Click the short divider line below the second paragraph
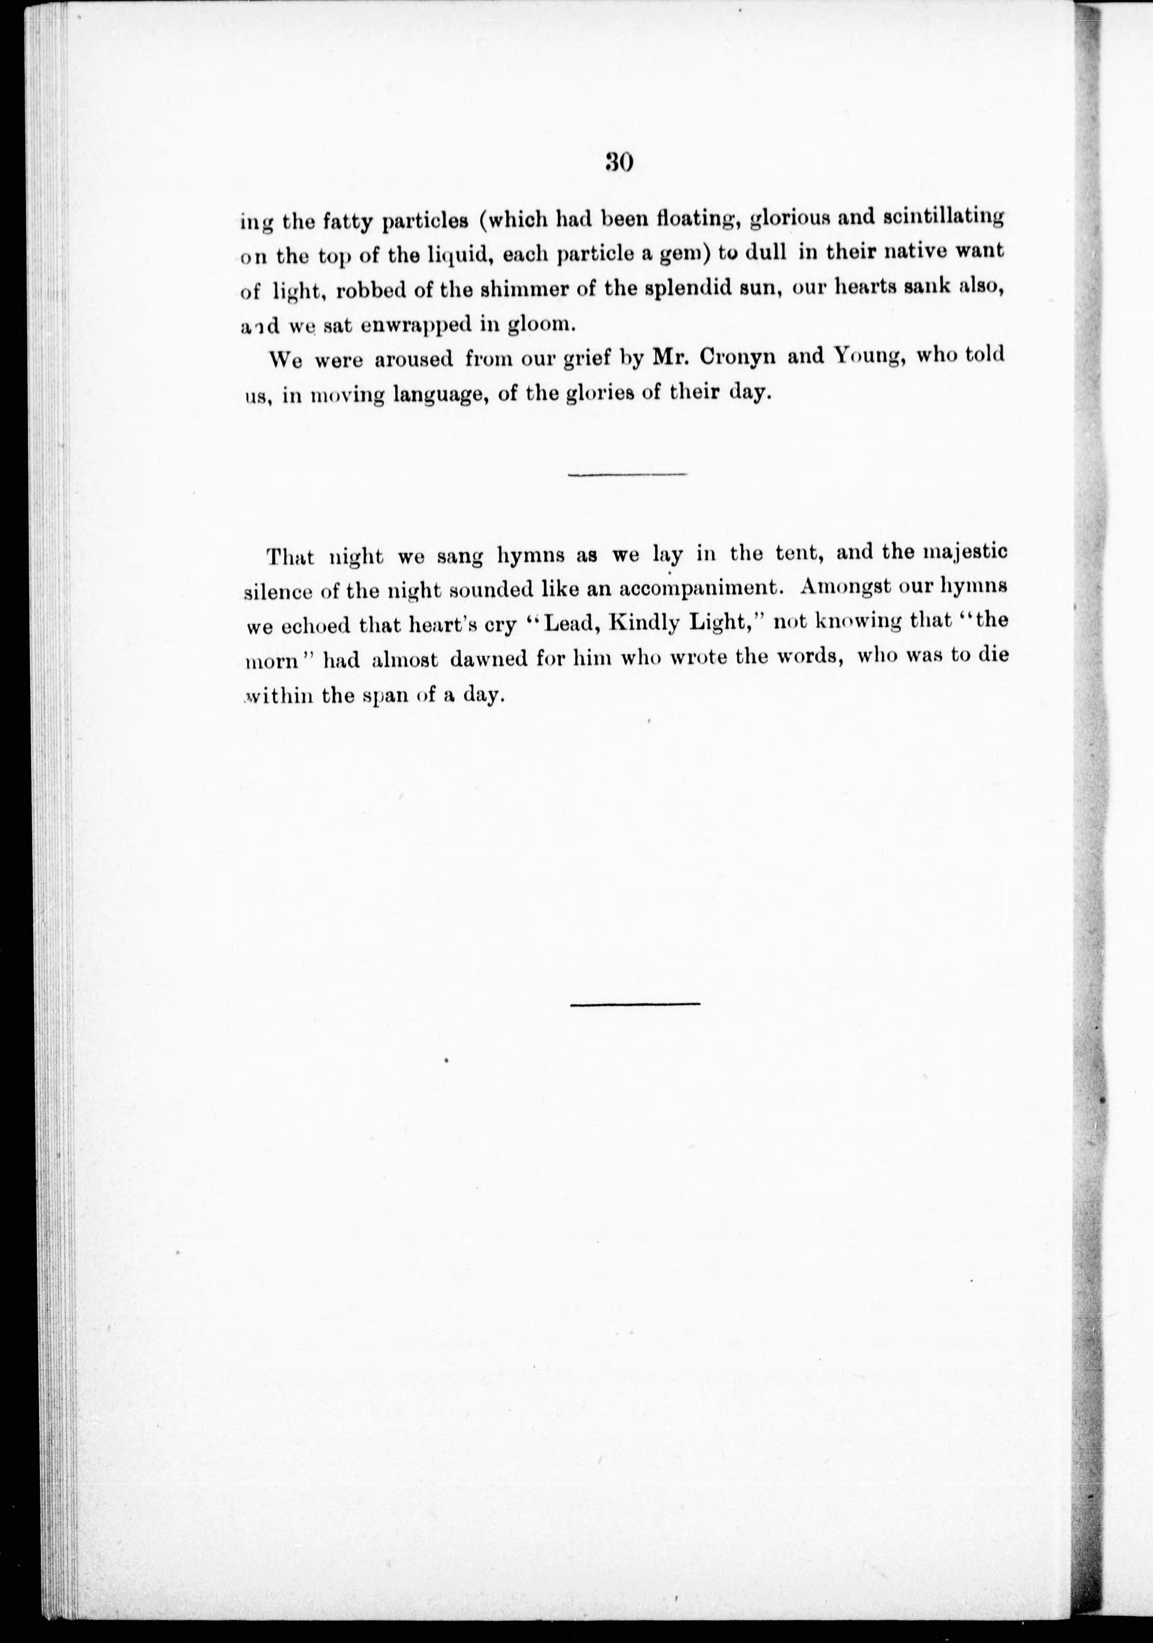point(627,474)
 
